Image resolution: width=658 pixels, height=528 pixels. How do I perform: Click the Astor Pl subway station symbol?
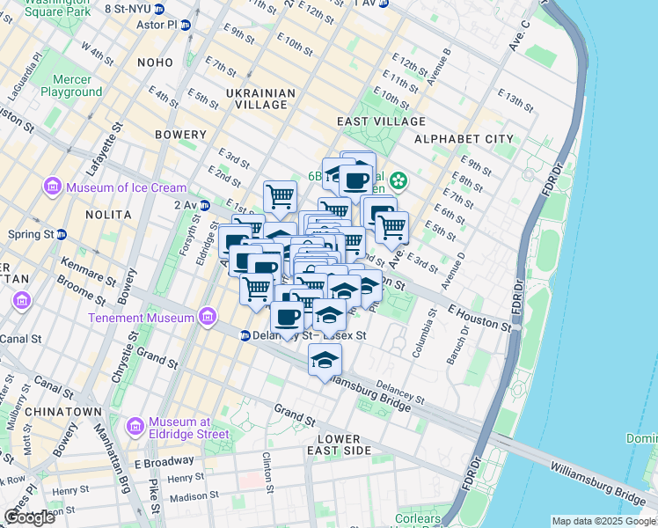186,25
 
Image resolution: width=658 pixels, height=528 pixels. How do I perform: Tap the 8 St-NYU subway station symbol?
159,9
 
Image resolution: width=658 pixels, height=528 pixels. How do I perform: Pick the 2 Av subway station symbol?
205,205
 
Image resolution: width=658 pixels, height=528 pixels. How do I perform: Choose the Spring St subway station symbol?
62,235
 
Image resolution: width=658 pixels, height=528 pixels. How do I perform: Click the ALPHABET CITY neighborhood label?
463,139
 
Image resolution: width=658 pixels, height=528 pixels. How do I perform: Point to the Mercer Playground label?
71,85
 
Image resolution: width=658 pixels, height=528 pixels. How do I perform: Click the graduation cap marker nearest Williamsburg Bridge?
325,360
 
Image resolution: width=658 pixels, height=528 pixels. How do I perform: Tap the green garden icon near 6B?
398,181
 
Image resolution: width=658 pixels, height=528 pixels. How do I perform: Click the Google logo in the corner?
30,517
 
